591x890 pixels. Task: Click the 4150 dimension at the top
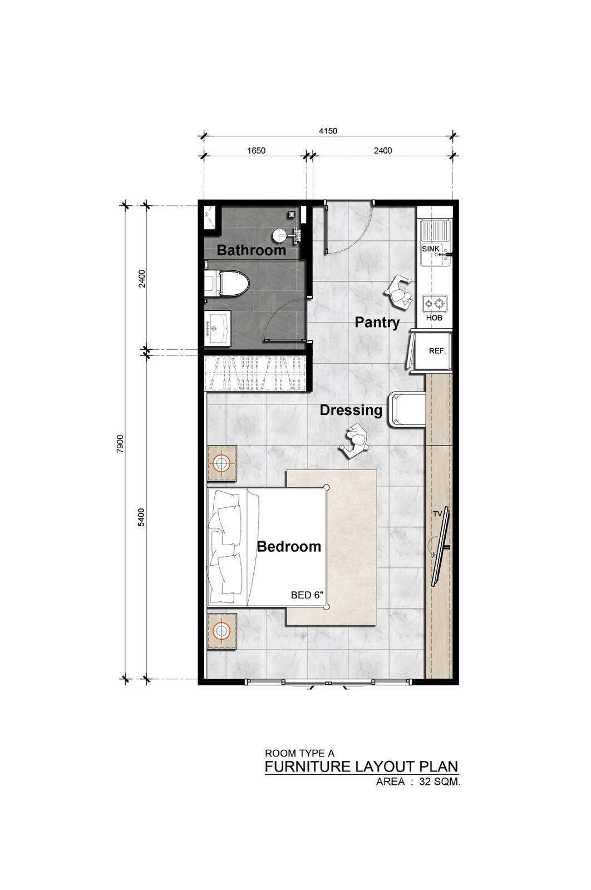point(328,131)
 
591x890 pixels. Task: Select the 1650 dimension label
point(256,150)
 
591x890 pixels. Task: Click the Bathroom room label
point(251,250)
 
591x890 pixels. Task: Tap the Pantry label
point(377,322)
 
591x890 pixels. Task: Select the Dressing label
point(351,411)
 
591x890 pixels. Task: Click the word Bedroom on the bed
point(289,546)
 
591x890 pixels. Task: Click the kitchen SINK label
point(431,249)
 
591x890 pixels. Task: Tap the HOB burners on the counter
point(434,304)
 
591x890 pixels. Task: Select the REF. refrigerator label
point(437,351)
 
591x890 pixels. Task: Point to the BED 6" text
point(307,595)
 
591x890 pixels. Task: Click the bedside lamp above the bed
point(223,463)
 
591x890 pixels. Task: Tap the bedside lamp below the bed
point(222,630)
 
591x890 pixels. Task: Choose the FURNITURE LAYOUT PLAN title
point(362,766)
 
